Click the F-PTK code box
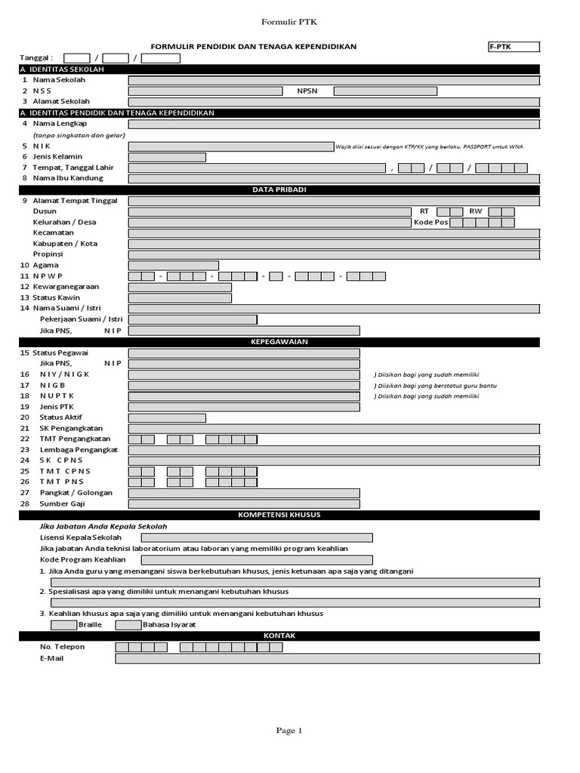coord(514,47)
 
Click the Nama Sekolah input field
coord(334,80)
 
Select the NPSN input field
coord(385,91)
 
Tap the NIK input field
coord(230,146)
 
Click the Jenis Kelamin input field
coord(167,157)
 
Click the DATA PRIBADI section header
coord(279,189)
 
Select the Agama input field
coord(174,266)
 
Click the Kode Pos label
coord(431,223)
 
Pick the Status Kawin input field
coord(180,298)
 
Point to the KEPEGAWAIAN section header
coord(279,342)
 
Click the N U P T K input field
coord(244,396)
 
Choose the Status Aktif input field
coord(167,418)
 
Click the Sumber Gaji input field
coord(244,504)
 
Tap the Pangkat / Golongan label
coord(76,493)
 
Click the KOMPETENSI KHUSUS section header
coord(279,515)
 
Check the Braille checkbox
coord(63,625)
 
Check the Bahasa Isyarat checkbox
coord(128,625)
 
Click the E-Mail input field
coord(327,659)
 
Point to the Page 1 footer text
coord(289,731)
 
